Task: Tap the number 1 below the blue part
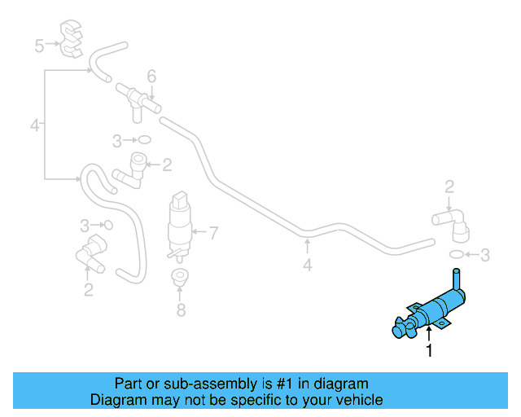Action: click(x=428, y=351)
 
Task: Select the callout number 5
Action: click(x=39, y=46)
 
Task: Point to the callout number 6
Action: click(x=151, y=77)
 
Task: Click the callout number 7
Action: click(x=213, y=234)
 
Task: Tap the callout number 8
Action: click(x=181, y=309)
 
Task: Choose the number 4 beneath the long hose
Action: click(x=307, y=265)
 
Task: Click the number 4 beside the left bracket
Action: click(x=34, y=125)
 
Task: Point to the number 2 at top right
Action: click(x=449, y=188)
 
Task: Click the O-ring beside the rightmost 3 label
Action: click(x=458, y=256)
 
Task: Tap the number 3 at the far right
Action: click(x=485, y=256)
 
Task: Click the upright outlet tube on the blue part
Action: click(x=455, y=282)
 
